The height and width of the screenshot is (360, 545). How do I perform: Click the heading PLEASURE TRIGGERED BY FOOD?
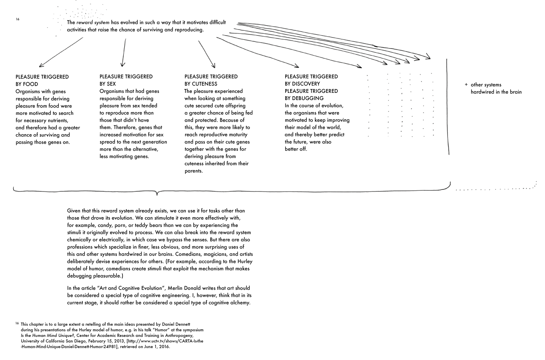click(x=42, y=80)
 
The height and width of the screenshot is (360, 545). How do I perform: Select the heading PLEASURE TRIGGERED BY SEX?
click(x=126, y=80)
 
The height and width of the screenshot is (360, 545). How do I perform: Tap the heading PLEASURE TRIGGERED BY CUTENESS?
click(x=211, y=80)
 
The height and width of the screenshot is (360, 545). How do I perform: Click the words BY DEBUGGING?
click(x=304, y=98)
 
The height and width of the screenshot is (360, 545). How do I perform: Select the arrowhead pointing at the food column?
click(x=41, y=66)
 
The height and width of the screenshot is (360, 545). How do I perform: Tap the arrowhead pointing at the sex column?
click(x=123, y=65)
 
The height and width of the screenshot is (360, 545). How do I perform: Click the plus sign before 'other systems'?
click(x=466, y=85)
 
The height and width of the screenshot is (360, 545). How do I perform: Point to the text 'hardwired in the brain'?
click(x=496, y=92)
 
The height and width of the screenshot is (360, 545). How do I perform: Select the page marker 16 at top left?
click(x=17, y=19)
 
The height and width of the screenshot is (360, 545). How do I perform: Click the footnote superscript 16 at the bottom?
click(x=17, y=323)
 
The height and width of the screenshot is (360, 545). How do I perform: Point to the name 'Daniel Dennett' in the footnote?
click(x=178, y=324)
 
